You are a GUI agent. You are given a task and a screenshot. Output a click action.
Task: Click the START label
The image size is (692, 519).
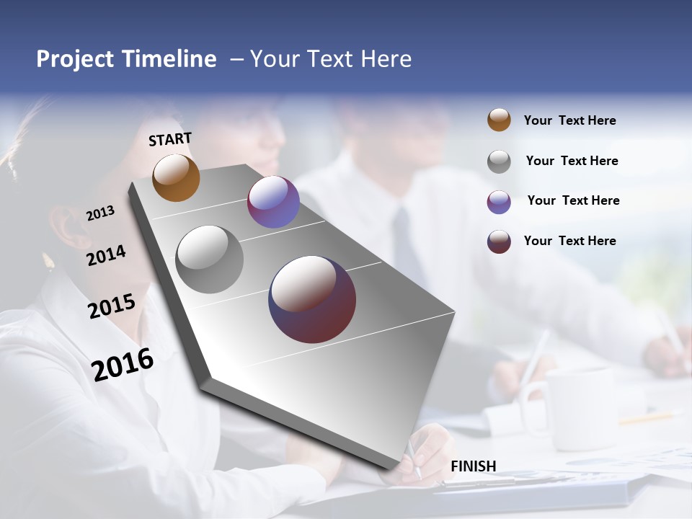pyautogui.click(x=170, y=138)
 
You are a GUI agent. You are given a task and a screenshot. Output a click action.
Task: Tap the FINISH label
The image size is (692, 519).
pyautogui.click(x=474, y=466)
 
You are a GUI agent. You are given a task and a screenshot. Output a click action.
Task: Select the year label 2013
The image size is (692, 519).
pyautogui.click(x=100, y=213)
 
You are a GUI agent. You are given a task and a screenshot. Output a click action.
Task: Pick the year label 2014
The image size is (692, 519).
pyautogui.click(x=106, y=255)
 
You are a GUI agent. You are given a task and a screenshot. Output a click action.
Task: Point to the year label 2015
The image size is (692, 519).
pyautogui.click(x=112, y=306)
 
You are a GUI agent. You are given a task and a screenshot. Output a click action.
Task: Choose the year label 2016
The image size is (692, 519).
pyautogui.click(x=123, y=364)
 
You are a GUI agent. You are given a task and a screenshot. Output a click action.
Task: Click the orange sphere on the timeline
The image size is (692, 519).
pyautogui.click(x=176, y=177)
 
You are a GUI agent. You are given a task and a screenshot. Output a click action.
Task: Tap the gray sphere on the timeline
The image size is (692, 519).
pyautogui.click(x=209, y=259)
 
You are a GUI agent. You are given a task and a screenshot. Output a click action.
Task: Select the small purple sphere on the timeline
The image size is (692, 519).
pyautogui.click(x=273, y=202)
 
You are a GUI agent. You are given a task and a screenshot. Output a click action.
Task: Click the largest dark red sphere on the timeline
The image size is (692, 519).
pyautogui.click(x=312, y=298)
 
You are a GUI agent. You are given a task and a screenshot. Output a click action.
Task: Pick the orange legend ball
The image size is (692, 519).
pyautogui.click(x=499, y=120)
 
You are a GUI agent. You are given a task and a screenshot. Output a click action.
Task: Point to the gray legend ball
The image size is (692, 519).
pyautogui.click(x=499, y=161)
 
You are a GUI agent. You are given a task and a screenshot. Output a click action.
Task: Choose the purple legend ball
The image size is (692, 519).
pyautogui.click(x=499, y=201)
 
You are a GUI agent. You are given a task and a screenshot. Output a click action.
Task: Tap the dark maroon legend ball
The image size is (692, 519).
pyautogui.click(x=499, y=241)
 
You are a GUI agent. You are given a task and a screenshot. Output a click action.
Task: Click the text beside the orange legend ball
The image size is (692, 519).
pyautogui.click(x=569, y=120)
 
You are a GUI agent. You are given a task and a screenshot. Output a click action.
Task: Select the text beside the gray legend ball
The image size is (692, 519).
pyautogui.click(x=572, y=161)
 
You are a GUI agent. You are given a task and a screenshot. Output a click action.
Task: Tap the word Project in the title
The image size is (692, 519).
pyautogui.click(x=74, y=59)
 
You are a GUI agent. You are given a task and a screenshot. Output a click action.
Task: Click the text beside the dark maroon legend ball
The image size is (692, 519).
pyautogui.click(x=569, y=241)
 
